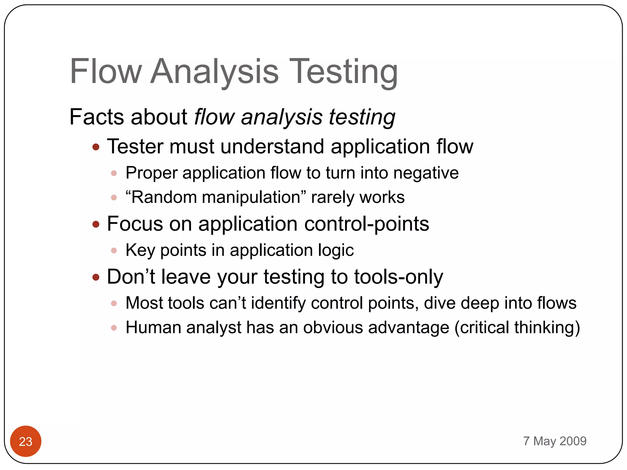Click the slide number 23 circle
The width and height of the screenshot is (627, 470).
pyautogui.click(x=26, y=441)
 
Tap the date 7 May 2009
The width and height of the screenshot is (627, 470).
pyautogui.click(x=555, y=441)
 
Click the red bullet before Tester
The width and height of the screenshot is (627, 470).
pyautogui.click(x=96, y=147)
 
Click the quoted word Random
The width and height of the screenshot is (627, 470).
pyautogui.click(x=164, y=197)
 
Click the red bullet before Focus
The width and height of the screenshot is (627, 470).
pyautogui.click(x=96, y=224)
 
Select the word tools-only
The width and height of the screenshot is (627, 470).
pyautogui.click(x=398, y=277)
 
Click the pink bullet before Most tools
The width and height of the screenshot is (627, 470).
pyautogui.click(x=114, y=303)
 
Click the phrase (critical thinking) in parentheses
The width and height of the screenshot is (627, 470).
pyautogui.click(x=517, y=327)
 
